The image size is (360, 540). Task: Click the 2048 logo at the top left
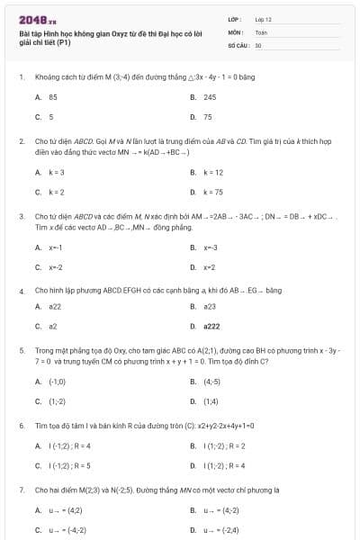tap(37, 18)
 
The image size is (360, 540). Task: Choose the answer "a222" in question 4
tap(211, 326)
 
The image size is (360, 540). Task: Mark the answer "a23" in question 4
tap(210, 306)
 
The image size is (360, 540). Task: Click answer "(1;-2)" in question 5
tap(57, 401)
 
